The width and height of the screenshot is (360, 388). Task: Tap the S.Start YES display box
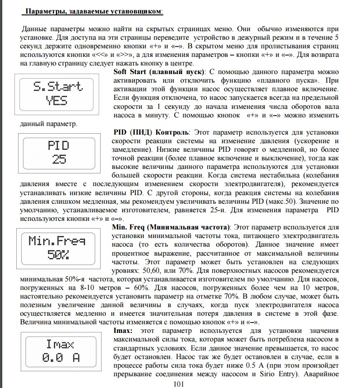[58, 93]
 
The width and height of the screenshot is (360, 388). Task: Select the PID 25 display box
[58, 152]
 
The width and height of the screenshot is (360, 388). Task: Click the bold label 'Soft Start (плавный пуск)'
[158, 72]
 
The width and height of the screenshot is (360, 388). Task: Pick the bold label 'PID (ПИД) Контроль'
[151, 132]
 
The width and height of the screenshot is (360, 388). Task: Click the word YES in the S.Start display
[58, 101]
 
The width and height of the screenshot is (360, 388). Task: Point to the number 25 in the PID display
[58, 159]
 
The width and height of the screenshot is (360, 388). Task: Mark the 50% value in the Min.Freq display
[58, 254]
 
